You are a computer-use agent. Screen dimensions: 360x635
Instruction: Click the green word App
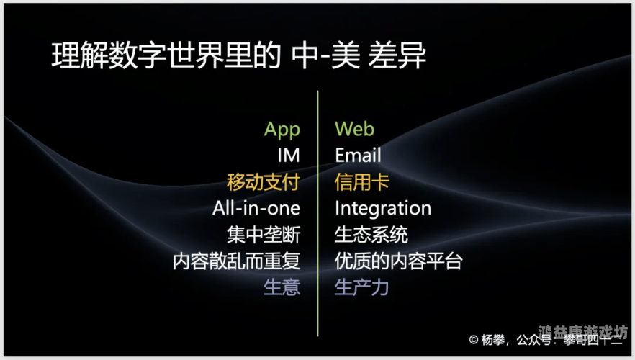coord(282,130)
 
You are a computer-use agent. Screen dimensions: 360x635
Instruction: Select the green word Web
coord(354,129)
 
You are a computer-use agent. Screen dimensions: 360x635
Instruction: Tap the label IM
coord(288,156)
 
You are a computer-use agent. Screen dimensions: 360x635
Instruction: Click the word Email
coord(358,156)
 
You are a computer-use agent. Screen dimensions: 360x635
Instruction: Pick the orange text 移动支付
coord(263,182)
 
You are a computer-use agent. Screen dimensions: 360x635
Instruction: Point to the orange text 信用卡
coord(361,182)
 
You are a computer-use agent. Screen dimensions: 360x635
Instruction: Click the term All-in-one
coord(256,208)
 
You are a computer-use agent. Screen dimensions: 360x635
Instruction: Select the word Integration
coord(382,209)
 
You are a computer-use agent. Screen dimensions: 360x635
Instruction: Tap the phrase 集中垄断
coord(263,235)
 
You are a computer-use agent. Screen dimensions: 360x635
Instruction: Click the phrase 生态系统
coord(371,235)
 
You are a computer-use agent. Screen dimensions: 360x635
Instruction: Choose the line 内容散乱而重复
coord(236,261)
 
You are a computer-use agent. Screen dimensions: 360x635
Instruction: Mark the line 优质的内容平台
coord(398,261)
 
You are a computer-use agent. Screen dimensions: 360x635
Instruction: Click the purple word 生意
coord(282,287)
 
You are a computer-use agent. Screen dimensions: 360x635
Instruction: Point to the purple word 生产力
coord(361,287)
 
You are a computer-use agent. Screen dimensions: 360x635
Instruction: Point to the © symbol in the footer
coord(473,339)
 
